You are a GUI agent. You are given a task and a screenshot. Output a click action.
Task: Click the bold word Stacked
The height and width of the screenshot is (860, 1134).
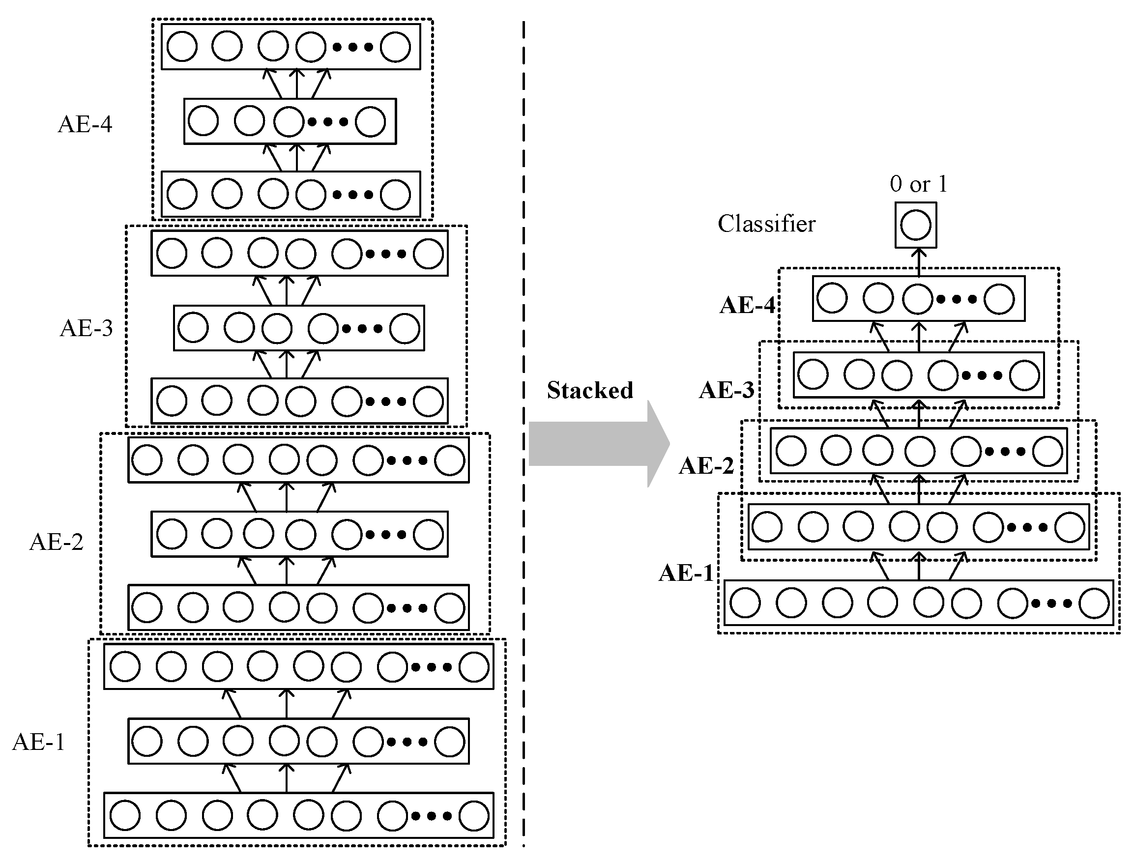point(589,391)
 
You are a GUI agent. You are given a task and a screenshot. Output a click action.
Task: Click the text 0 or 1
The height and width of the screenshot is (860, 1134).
point(918,184)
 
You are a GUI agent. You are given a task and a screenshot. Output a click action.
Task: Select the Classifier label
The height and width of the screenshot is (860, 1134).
point(766,224)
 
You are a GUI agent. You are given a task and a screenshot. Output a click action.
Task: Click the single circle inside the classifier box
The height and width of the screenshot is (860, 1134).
point(916,225)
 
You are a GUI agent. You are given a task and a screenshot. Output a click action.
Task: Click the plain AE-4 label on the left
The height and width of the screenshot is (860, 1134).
point(85,124)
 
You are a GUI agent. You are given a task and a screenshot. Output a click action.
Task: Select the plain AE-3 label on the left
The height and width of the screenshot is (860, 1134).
point(86,328)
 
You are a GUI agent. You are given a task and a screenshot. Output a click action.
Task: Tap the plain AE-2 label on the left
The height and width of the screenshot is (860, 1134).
point(57,542)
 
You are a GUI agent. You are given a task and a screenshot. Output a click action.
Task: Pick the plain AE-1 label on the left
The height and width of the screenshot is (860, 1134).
point(39,742)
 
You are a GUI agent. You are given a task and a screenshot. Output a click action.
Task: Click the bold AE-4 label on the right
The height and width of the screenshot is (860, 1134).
point(748,306)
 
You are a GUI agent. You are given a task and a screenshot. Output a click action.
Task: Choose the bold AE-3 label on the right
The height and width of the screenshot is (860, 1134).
point(727,391)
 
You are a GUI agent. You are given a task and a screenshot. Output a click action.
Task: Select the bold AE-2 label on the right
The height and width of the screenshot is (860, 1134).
point(706,466)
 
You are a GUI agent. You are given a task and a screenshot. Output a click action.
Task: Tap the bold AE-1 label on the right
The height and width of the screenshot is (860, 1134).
point(686,573)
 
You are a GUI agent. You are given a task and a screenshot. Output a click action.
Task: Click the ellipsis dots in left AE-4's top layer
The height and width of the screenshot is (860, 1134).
point(353,47)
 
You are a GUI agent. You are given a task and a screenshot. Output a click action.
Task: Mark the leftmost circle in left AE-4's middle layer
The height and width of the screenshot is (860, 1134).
point(203,121)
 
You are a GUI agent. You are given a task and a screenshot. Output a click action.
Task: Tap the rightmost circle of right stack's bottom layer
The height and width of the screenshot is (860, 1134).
point(1094,603)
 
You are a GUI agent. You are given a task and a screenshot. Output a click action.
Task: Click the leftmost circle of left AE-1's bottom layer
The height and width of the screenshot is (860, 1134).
point(125,815)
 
